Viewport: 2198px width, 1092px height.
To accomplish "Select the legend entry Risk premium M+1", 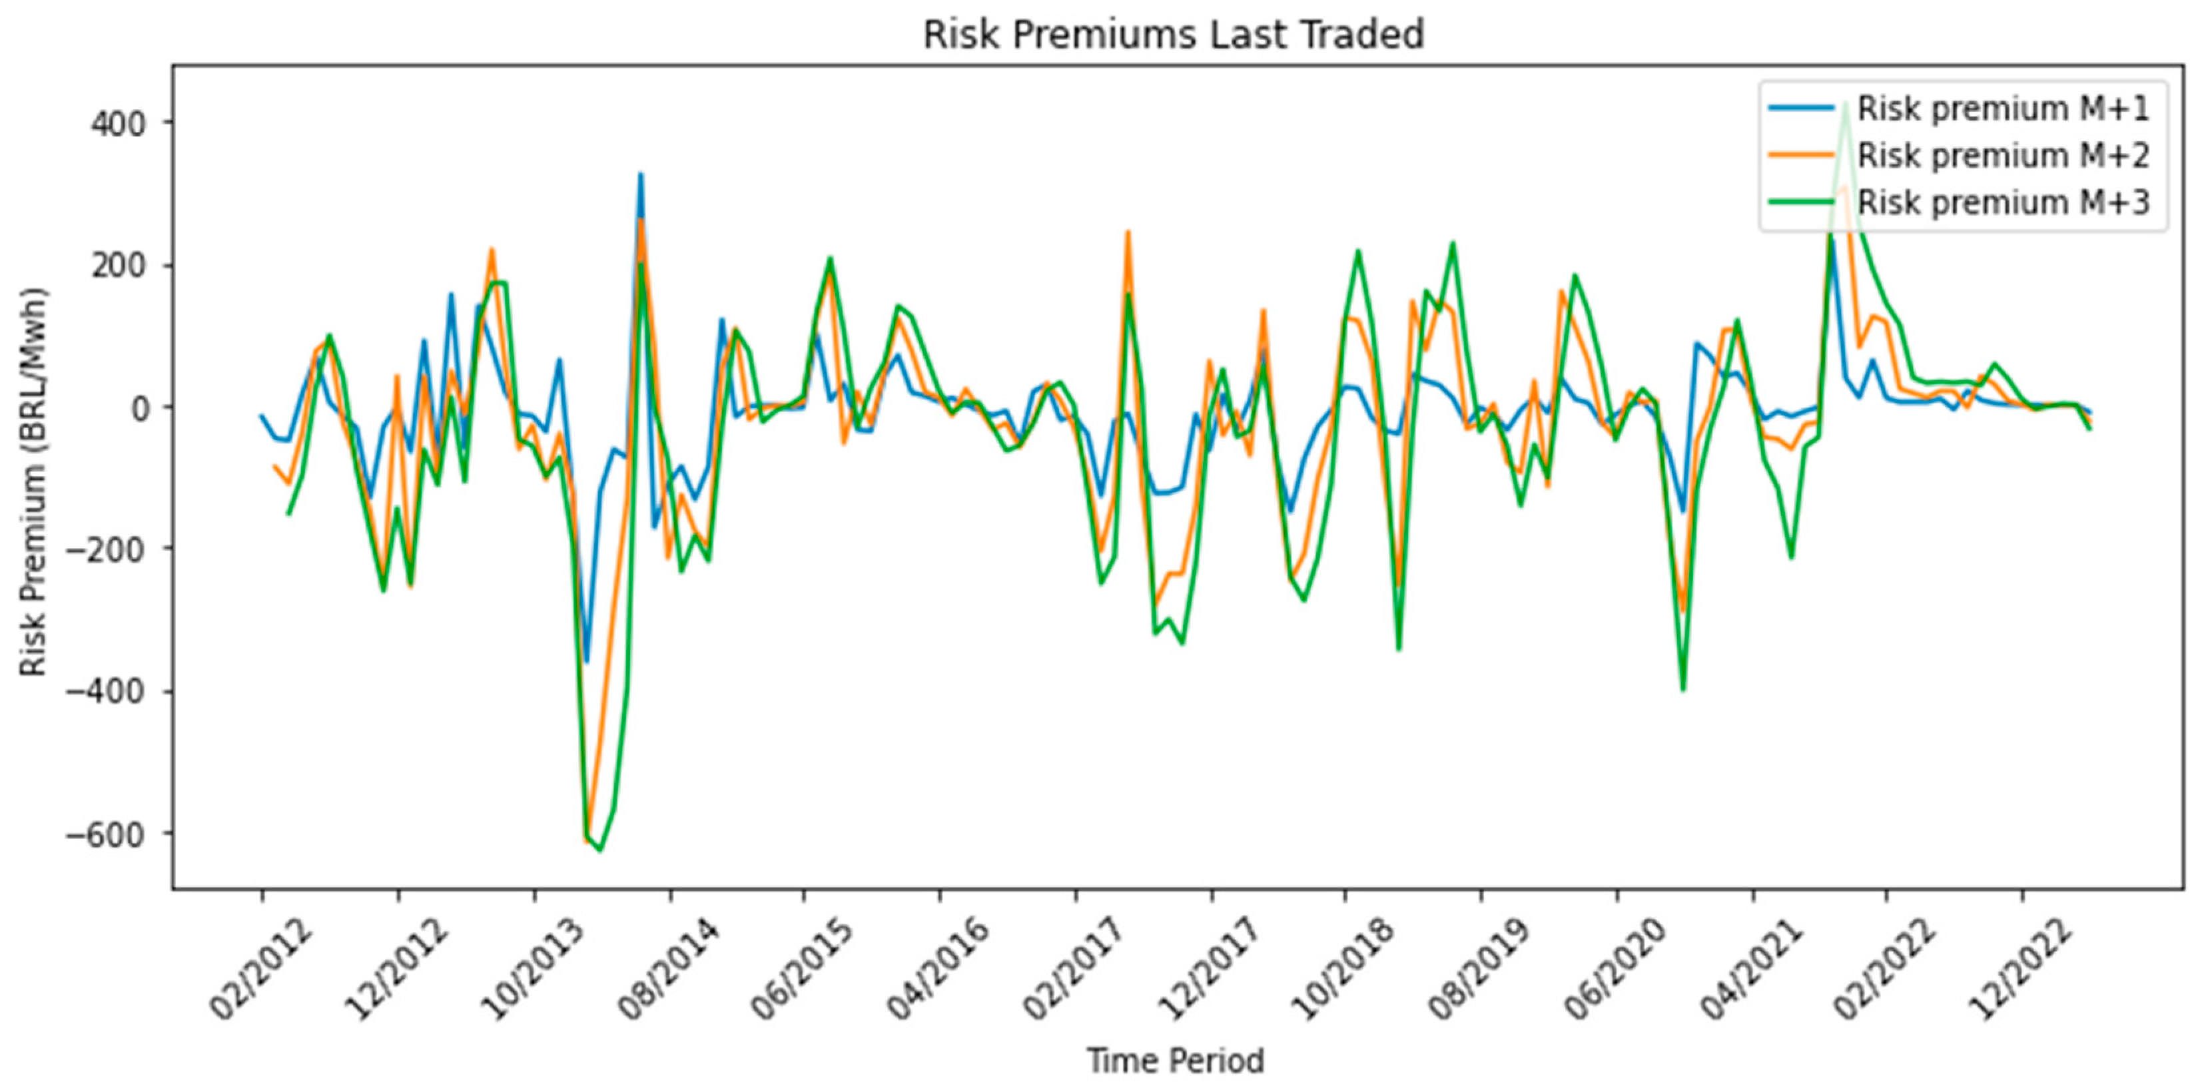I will (x=2002, y=109).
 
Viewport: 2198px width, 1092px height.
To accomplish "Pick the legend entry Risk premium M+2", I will (x=2002, y=155).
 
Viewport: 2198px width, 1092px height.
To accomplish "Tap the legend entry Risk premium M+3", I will (x=2002, y=202).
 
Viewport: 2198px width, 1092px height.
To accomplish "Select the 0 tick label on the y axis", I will (x=140, y=407).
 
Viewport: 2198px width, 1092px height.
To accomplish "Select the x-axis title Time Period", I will (x=1175, y=1061).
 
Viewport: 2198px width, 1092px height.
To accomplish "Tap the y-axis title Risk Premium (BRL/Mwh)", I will (x=34, y=483).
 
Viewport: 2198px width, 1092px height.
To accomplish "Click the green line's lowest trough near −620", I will (x=600, y=850).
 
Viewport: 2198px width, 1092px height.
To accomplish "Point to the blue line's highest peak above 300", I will (x=641, y=175).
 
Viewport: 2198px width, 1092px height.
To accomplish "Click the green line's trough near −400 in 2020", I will (x=1682, y=689).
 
